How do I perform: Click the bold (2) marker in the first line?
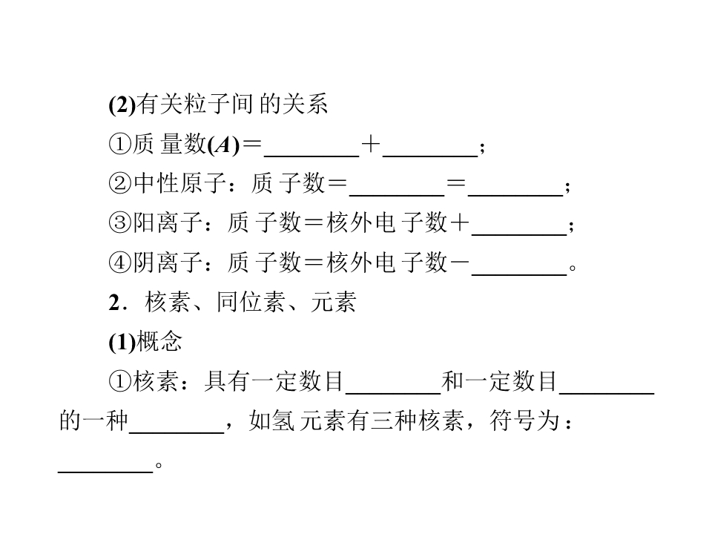pyautogui.click(x=122, y=105)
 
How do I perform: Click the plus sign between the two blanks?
pyautogui.click(x=371, y=145)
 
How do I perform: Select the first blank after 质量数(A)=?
pyautogui.click(x=311, y=156)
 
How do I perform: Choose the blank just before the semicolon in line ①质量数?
pyautogui.click(x=430, y=156)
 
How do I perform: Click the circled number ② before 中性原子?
pyautogui.click(x=120, y=184)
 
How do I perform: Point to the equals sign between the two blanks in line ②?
pyautogui.click(x=456, y=183)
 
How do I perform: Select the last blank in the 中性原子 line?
pyautogui.click(x=515, y=195)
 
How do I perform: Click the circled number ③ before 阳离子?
pyautogui.click(x=120, y=223)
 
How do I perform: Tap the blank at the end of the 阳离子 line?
pyautogui.click(x=519, y=235)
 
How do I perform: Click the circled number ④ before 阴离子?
pyautogui.click(x=120, y=263)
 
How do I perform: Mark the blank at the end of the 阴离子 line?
pyautogui.click(x=519, y=274)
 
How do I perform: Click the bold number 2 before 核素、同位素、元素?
pyautogui.click(x=114, y=303)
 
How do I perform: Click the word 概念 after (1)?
pyautogui.click(x=159, y=342)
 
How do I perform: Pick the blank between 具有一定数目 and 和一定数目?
pyautogui.click(x=393, y=392)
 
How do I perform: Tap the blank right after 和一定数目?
pyautogui.click(x=607, y=392)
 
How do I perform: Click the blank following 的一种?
pyautogui.click(x=177, y=432)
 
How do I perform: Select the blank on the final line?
pyautogui.click(x=105, y=472)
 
